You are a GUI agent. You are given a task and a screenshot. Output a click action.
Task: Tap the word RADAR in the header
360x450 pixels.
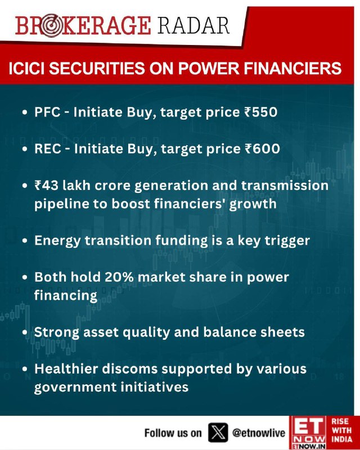(193, 25)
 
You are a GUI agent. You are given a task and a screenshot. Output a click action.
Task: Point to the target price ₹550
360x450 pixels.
(260, 112)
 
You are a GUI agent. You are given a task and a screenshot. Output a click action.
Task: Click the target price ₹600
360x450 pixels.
(262, 148)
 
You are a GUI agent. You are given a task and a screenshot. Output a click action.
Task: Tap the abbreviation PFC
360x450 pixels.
(47, 112)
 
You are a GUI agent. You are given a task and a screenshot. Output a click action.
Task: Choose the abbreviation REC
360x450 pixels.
(48, 148)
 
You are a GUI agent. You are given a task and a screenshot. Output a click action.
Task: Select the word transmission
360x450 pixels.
(285, 186)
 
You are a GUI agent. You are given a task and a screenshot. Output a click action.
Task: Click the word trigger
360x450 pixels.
(287, 241)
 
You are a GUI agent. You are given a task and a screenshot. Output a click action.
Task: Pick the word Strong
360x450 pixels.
(57, 332)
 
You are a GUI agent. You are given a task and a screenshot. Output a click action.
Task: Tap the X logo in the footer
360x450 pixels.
(218, 432)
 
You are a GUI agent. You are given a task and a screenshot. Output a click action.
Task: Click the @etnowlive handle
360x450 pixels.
(259, 433)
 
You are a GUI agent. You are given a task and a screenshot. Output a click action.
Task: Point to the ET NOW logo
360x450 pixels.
(308, 433)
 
